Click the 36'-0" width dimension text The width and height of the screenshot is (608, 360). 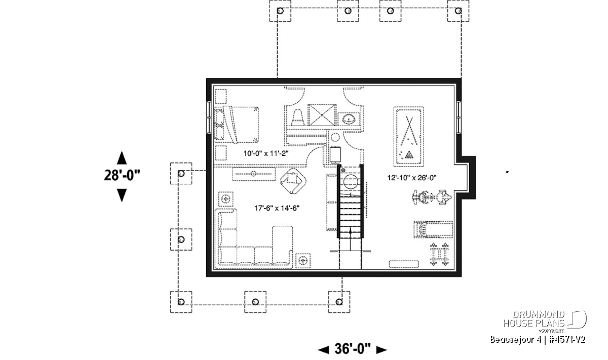352,349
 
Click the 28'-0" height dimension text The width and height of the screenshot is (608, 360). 122,175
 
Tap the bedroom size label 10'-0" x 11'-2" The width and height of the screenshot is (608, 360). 265,153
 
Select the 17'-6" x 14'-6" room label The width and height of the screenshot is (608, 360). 277,208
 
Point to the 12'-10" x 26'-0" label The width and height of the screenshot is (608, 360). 412,178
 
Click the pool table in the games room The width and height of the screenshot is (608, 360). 409,137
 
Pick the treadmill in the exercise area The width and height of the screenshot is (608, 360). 433,229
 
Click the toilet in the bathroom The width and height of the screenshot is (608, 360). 297,117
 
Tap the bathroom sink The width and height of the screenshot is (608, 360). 349,119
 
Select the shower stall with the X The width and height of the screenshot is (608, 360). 322,115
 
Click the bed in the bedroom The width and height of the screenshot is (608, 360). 236,125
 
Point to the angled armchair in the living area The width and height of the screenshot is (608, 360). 293,181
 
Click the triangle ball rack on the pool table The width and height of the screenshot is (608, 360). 409,155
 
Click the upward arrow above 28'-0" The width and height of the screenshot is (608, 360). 122,157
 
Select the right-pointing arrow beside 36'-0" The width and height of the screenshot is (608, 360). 382,350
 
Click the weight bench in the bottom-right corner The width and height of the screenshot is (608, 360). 439,254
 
